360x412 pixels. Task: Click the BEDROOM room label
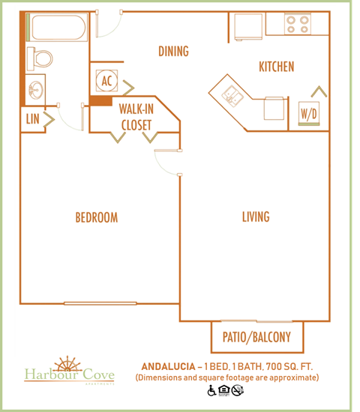point(96,218)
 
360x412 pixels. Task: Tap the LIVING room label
point(255,217)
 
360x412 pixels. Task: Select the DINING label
point(172,52)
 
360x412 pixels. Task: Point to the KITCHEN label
point(276,67)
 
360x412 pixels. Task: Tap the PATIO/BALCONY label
point(256,337)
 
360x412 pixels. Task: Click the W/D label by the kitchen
point(308,114)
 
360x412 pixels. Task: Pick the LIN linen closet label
point(32,119)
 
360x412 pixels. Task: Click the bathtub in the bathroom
point(56,29)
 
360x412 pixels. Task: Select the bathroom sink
point(35,89)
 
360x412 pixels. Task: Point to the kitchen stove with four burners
point(304,23)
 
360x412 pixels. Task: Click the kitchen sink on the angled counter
point(229,93)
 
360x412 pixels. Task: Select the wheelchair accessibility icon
point(211,390)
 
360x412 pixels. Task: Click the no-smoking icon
point(238,390)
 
